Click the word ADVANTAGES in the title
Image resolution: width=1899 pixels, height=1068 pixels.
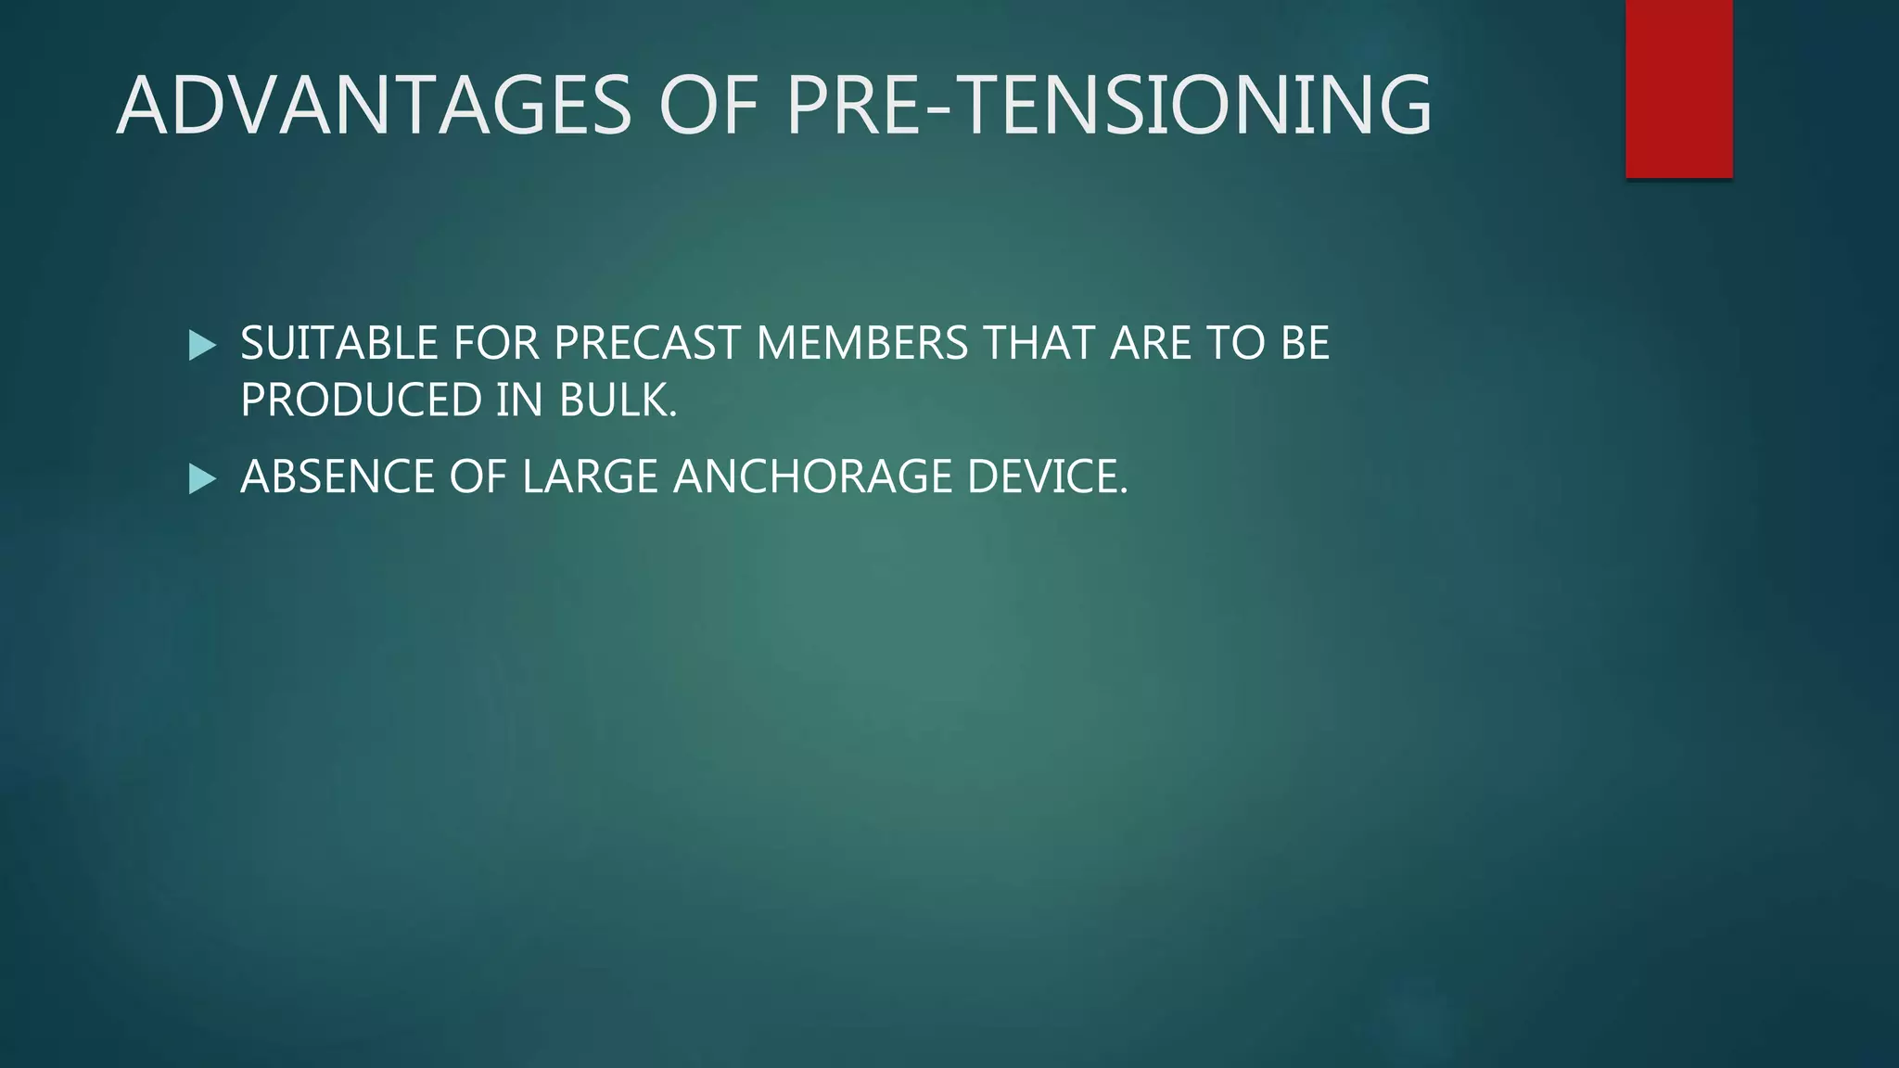click(374, 106)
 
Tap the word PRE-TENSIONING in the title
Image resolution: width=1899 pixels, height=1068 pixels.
click(1109, 106)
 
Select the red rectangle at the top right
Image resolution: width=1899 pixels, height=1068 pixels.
click(1678, 89)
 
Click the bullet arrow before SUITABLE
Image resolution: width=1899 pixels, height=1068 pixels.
click(201, 346)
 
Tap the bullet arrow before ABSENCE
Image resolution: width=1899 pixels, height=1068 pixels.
click(201, 479)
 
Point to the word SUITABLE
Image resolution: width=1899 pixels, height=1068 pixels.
click(339, 344)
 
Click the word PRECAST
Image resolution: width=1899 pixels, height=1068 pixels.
click(648, 344)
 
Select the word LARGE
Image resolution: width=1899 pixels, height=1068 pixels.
click(590, 477)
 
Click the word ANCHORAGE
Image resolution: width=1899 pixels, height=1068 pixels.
click(812, 477)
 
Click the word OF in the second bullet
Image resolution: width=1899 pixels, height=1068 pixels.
click(478, 477)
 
